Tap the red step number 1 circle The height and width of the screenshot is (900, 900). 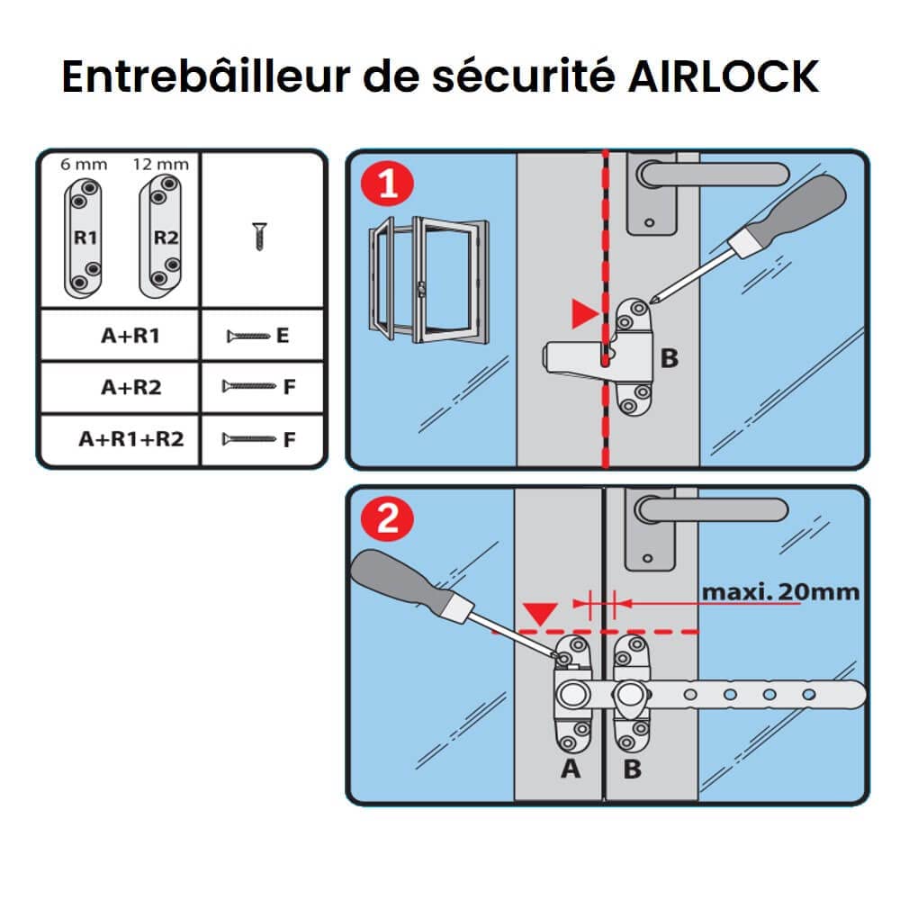[388, 186]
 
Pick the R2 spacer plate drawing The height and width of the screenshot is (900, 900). [160, 236]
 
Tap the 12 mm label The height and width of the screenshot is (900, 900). [160, 164]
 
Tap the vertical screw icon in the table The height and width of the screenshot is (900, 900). [259, 236]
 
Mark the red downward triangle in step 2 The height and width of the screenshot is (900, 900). [540, 614]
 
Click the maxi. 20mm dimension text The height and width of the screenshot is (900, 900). [779, 592]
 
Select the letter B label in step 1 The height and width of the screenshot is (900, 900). [669, 358]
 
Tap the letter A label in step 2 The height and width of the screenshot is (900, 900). [570, 769]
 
